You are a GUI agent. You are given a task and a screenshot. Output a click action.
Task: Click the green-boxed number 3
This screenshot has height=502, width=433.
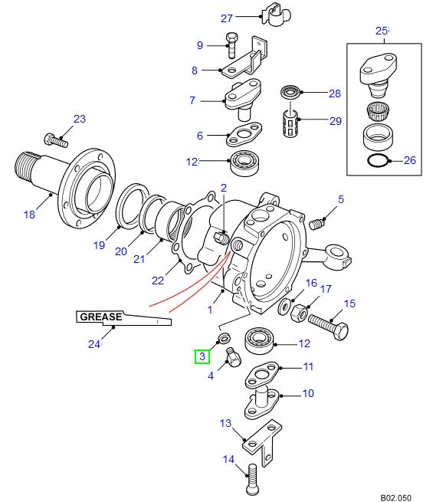click(202, 356)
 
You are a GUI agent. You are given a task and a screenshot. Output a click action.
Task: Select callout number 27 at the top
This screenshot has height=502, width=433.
click(226, 18)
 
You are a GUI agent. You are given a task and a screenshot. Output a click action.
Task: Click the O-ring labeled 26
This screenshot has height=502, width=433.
click(377, 161)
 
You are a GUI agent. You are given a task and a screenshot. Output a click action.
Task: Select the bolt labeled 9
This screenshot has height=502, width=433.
click(232, 44)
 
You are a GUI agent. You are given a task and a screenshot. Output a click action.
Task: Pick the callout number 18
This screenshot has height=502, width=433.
click(29, 215)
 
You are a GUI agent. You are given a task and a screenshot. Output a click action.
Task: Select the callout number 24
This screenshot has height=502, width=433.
click(94, 344)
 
